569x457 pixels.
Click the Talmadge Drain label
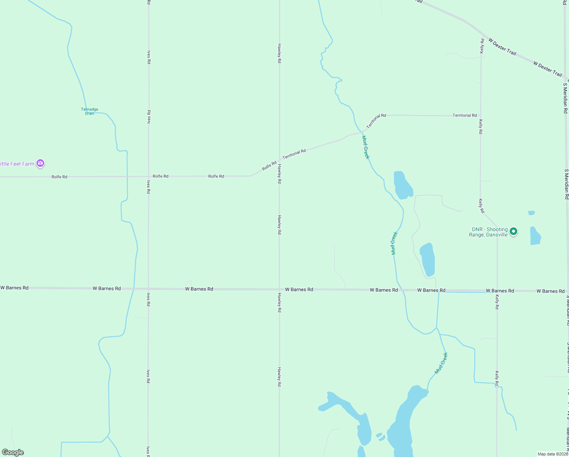(89, 111)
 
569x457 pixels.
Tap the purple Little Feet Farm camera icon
(40, 164)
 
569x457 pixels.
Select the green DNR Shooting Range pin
(513, 231)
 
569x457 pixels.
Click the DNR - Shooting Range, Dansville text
(489, 232)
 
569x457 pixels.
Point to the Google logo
(13, 452)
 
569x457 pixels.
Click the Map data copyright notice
(553, 454)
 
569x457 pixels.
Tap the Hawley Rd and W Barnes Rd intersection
(280, 289)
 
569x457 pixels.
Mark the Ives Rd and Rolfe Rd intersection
(148, 176)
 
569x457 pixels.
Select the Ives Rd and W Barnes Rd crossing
(148, 289)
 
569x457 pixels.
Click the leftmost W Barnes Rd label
(14, 288)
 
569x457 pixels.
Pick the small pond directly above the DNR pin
(531, 213)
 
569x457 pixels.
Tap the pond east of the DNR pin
(535, 236)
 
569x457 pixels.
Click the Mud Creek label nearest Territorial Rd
(366, 147)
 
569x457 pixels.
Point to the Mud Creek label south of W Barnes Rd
(441, 363)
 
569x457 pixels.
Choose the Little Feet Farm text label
(17, 164)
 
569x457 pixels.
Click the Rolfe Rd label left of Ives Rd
(59, 177)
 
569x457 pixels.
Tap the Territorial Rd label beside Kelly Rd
(464, 115)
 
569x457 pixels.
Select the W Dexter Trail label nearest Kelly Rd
(502, 47)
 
